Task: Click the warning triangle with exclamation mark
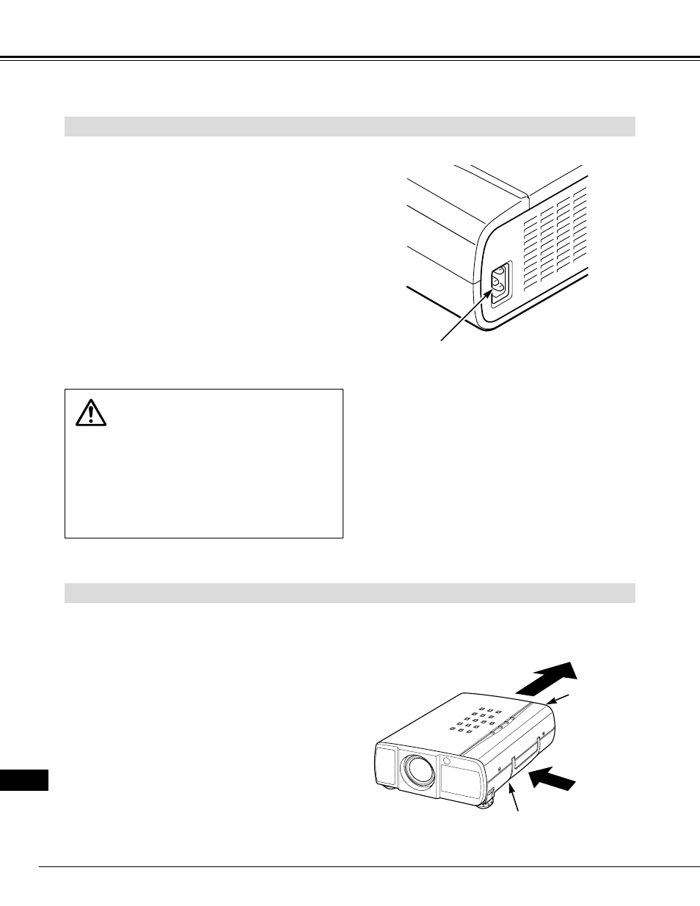click(x=91, y=413)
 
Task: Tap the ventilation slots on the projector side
click(x=555, y=235)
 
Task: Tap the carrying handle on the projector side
click(x=525, y=756)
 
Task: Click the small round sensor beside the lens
click(x=445, y=761)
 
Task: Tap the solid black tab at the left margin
click(x=24, y=780)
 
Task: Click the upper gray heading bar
click(x=349, y=126)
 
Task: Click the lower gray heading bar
click(x=349, y=593)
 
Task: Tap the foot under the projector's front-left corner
click(x=385, y=789)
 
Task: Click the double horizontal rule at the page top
click(x=349, y=58)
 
